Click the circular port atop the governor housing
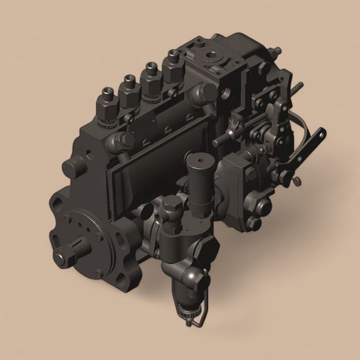tap(211, 55)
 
